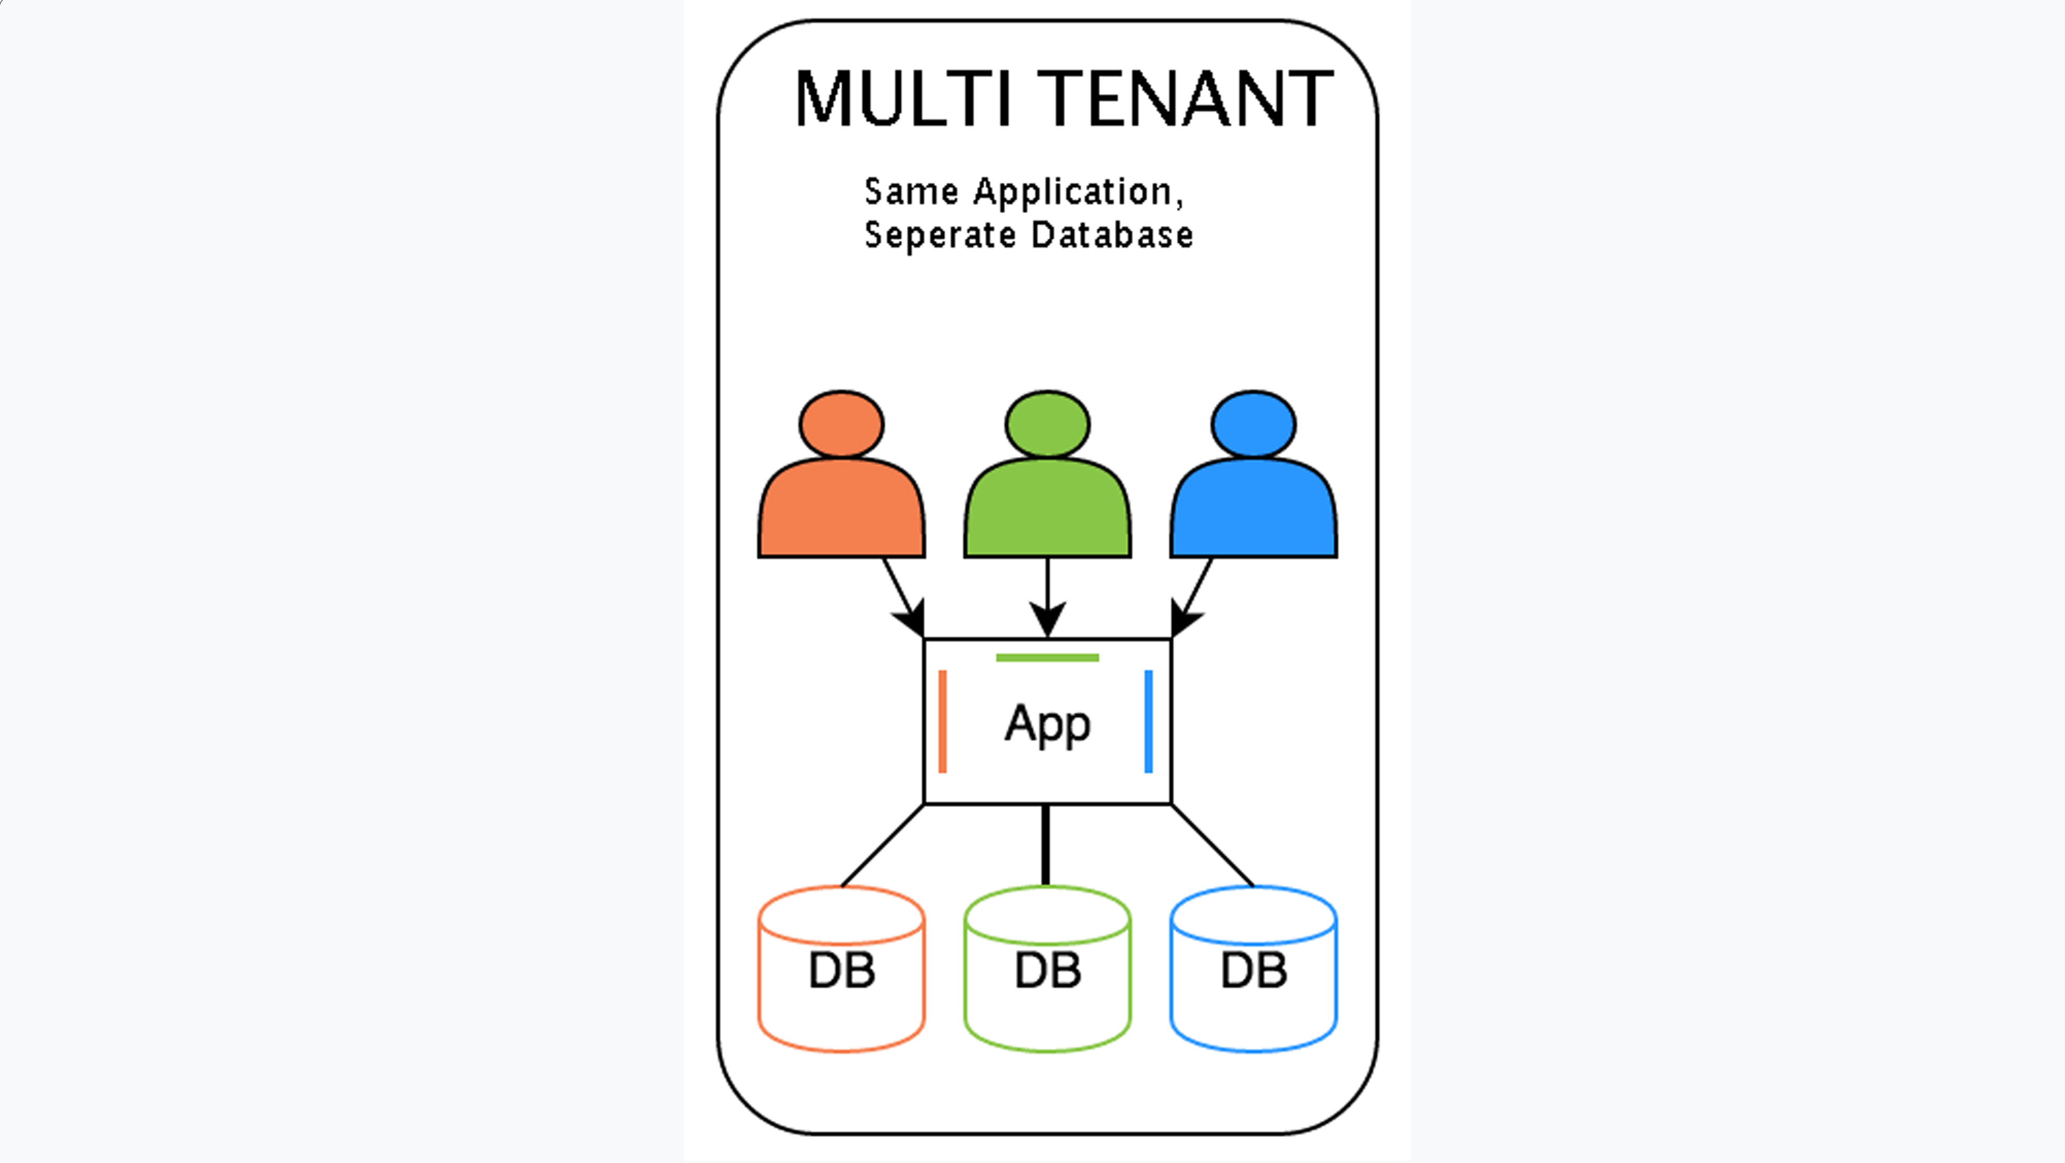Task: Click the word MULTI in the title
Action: (x=901, y=99)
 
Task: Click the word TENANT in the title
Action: (x=1185, y=99)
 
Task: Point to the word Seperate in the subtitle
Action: (x=940, y=236)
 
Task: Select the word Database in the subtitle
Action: (x=1112, y=235)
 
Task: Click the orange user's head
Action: (x=842, y=424)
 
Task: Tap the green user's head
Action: (x=1047, y=424)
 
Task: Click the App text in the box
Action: (x=1047, y=724)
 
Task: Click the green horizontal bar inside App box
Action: (x=1047, y=658)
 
